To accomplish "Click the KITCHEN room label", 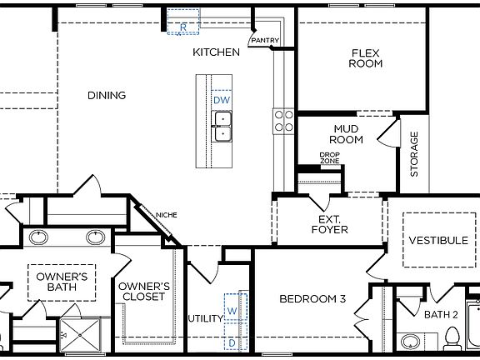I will click(216, 52).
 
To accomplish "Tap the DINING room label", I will click(107, 96).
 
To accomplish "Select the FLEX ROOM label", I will click(365, 57).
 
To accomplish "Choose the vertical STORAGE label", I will click(414, 154).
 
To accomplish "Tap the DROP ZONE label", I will click(330, 157).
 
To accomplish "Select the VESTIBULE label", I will click(437, 241).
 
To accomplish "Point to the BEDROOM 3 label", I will click(312, 299).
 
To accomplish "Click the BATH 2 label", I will click(441, 314).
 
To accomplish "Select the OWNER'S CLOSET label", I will click(144, 292).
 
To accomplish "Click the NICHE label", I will click(166, 216).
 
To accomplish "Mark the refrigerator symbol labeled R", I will click(182, 26).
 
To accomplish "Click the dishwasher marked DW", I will click(221, 100).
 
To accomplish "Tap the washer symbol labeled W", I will click(232, 312).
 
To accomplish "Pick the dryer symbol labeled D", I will click(232, 342).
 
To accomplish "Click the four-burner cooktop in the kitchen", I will click(282, 121).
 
